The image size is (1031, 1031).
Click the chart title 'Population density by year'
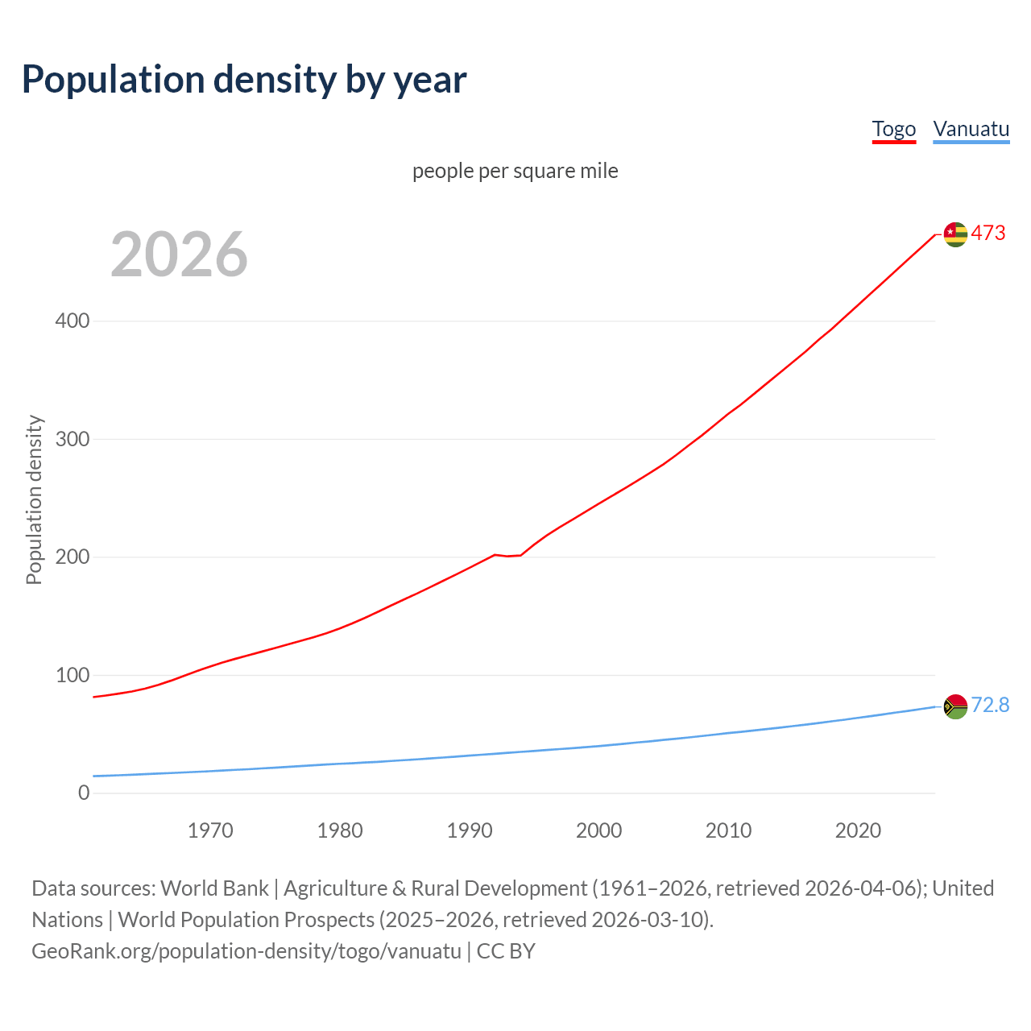tap(244, 79)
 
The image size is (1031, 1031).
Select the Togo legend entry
tap(893, 129)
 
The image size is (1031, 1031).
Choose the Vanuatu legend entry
tap(971, 129)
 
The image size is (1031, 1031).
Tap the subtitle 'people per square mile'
tap(515, 171)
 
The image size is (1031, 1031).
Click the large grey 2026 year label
tap(179, 255)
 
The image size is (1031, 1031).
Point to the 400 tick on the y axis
tap(72, 321)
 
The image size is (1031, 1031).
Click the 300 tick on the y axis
tap(72, 439)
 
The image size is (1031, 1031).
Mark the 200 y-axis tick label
tap(72, 557)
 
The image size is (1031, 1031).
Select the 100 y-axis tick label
tap(72, 675)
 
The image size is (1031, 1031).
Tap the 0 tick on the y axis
tap(84, 793)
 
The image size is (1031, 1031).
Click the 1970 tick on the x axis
tap(210, 830)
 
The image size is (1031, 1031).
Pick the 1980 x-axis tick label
tap(340, 830)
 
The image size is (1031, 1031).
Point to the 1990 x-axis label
tap(470, 830)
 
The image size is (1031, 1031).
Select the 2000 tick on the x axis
tap(598, 830)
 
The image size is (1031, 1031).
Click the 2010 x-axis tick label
tap(728, 830)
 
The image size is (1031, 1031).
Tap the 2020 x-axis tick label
tap(858, 830)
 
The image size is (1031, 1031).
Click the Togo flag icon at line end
tap(955, 234)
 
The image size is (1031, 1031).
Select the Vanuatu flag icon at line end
tap(955, 706)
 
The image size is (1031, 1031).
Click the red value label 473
tap(988, 234)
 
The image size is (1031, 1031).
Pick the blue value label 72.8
tap(990, 706)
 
